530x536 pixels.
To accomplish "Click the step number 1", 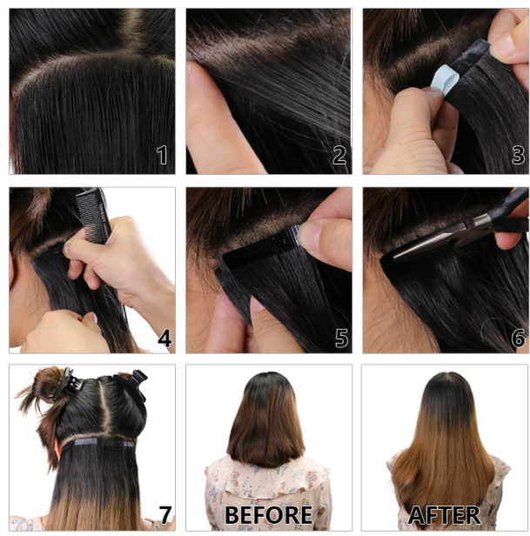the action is pyautogui.click(x=162, y=155).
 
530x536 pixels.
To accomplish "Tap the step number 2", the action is pyautogui.click(x=339, y=155).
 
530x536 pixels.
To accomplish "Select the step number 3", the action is pyautogui.click(x=518, y=155).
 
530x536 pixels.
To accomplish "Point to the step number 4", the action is pyautogui.click(x=164, y=338).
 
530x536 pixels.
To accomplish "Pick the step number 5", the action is pyautogui.click(x=342, y=338).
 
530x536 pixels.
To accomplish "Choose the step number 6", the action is pyautogui.click(x=519, y=338).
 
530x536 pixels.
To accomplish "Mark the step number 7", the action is pyautogui.click(x=165, y=514).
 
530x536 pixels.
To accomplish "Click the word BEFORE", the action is pyautogui.click(x=268, y=515).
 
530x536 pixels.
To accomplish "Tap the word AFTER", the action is pyautogui.click(x=444, y=515).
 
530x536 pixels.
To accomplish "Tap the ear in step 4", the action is pyautogui.click(x=13, y=270).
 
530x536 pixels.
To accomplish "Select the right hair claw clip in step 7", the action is pyautogui.click(x=132, y=385).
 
